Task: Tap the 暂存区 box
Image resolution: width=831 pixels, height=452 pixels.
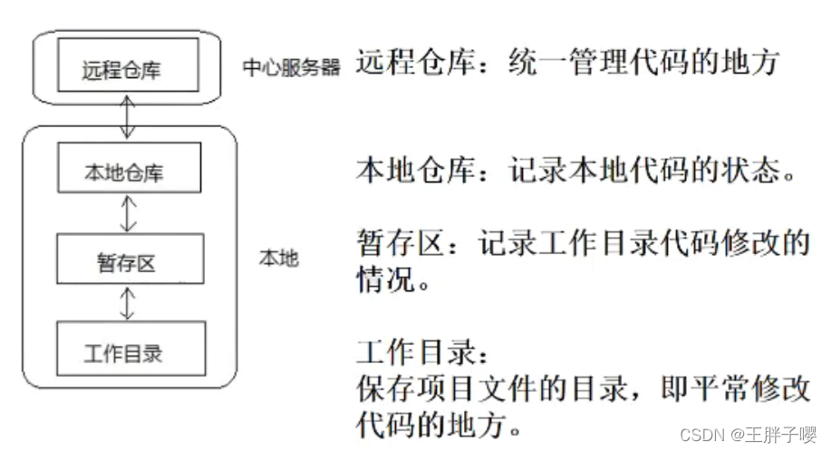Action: pos(125,262)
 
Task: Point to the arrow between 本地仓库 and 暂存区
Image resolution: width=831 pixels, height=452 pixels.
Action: pos(128,214)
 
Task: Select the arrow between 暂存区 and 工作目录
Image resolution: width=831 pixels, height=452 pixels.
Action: pos(128,303)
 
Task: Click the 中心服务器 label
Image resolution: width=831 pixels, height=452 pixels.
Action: pos(292,68)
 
